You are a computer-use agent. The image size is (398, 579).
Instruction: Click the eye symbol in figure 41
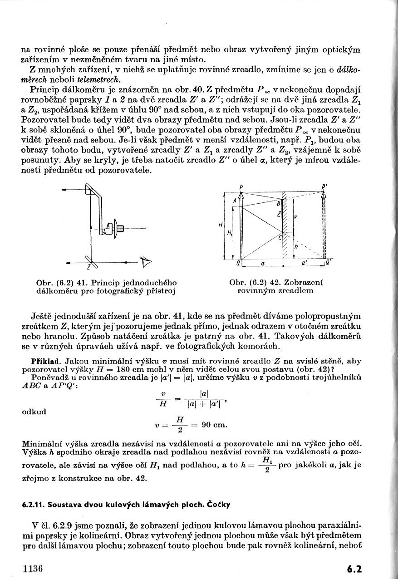click(146, 262)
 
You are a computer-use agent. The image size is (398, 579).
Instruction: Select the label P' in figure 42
click(324, 186)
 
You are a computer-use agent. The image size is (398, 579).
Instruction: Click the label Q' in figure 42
click(328, 263)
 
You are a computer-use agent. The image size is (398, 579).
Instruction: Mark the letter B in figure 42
click(279, 205)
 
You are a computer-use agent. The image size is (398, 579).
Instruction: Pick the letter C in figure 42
click(280, 237)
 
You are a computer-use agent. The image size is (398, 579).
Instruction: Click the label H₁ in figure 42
click(230, 233)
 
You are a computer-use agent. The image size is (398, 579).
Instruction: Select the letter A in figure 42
click(235, 200)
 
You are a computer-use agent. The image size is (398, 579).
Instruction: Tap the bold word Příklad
click(43, 362)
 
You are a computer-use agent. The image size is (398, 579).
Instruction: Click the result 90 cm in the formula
click(215, 425)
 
